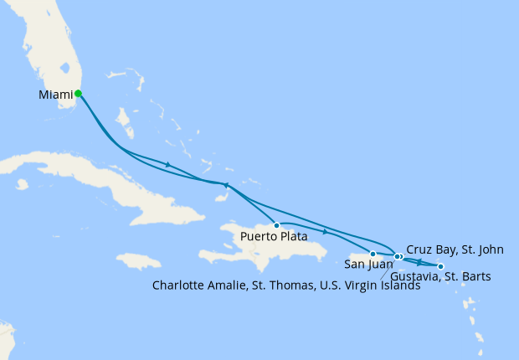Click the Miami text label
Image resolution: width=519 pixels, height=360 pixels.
coord(55,95)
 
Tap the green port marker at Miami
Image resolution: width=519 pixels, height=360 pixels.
coord(78,94)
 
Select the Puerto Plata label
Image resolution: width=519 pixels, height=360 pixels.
coord(273,237)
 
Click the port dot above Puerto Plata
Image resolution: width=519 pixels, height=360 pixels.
coord(276,225)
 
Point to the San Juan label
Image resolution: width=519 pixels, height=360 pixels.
coord(367,264)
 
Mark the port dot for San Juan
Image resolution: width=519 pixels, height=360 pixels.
coord(373,253)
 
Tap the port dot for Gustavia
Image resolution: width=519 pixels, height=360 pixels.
coord(441,266)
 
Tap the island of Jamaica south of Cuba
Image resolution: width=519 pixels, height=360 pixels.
coord(138,261)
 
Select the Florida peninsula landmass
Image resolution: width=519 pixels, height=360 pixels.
coord(59,50)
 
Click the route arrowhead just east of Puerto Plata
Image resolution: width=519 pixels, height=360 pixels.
coord(325,230)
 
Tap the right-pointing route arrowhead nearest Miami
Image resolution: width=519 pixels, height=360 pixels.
coord(169,164)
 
